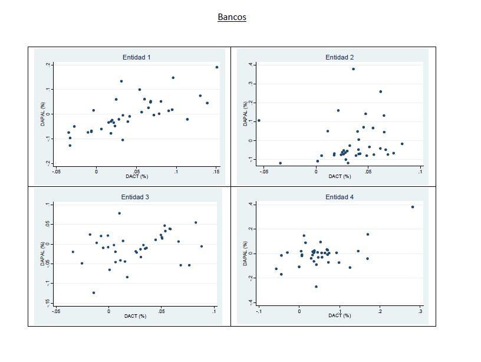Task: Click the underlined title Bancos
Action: coord(232,17)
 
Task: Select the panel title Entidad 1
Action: coord(136,57)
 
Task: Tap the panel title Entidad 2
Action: coord(340,57)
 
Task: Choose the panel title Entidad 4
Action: coord(340,196)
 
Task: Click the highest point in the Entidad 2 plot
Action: coord(353,69)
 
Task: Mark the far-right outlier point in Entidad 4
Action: coord(413,207)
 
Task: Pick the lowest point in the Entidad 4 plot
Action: coord(316,287)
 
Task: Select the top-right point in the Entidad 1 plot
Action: coord(217,67)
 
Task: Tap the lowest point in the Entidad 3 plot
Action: coord(93,292)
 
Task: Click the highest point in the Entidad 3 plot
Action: coord(119,213)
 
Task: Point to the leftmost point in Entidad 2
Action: coord(259,120)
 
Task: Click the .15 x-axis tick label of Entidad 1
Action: coord(216,172)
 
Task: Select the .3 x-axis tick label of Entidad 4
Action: coord(420,311)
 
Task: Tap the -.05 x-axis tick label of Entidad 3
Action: coord(55,311)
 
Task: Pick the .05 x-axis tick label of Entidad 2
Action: coord(367,172)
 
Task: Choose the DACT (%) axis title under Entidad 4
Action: coord(339,316)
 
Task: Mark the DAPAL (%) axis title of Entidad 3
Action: coord(42,254)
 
